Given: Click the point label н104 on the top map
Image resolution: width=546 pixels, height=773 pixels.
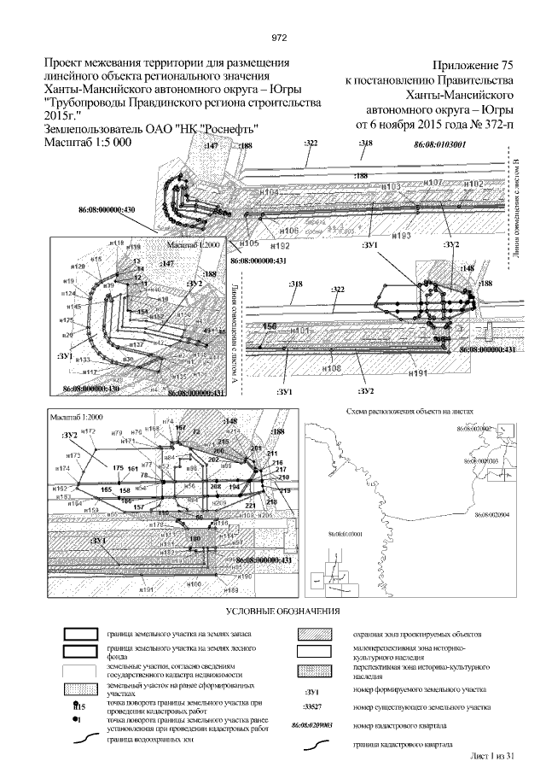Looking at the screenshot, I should click(x=267, y=193).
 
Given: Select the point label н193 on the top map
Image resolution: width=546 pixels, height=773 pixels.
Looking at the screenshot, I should click(x=401, y=235).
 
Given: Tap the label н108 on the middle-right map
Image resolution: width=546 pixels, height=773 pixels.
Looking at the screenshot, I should click(x=332, y=368).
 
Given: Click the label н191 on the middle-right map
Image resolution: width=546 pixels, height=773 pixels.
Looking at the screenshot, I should click(x=417, y=374).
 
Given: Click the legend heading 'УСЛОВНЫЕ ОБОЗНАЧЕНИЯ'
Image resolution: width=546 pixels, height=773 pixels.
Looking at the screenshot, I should click(x=282, y=612).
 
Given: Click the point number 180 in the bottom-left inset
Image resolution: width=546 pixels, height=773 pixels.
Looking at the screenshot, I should click(x=194, y=539).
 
